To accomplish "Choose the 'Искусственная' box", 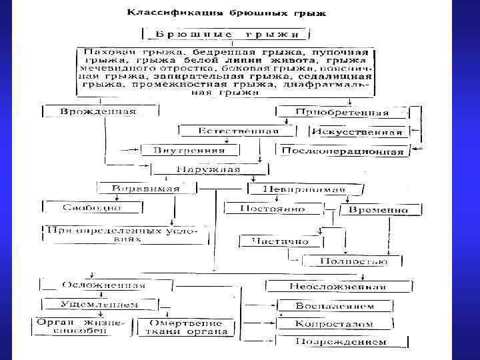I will (x=358, y=132).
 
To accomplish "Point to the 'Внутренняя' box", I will (x=189, y=149).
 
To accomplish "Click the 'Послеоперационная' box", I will (x=343, y=151).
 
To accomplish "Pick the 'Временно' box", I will (x=379, y=210).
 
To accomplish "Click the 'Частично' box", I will (x=279, y=241).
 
